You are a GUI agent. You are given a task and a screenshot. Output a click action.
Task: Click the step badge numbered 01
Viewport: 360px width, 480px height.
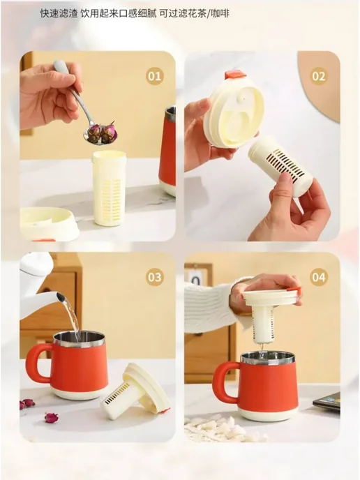coord(154,76)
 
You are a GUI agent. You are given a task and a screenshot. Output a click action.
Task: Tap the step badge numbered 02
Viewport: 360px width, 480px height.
coord(319,76)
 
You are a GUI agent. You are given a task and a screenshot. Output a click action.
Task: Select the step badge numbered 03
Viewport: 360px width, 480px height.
coord(154,277)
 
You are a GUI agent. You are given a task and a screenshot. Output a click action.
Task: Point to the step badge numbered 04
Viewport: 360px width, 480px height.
coord(319,277)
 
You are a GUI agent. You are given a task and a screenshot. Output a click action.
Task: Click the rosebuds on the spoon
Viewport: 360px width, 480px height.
coord(102,132)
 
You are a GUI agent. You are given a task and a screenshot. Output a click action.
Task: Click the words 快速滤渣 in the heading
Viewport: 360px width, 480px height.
coord(59,13)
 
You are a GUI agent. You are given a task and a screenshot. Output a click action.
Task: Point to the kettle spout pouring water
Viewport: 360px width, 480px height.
coord(60,297)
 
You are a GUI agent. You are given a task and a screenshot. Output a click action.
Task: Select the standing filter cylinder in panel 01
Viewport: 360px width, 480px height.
coord(109,188)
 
